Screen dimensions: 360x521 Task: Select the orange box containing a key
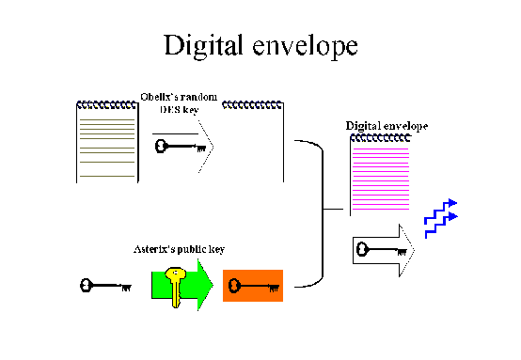pyautogui.click(x=253, y=285)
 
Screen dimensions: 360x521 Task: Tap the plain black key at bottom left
pyautogui.click(x=104, y=285)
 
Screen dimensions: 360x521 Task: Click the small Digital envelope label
pyautogui.click(x=387, y=125)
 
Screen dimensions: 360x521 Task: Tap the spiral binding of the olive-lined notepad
pyautogui.click(x=104, y=103)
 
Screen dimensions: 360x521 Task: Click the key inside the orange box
pyautogui.click(x=255, y=285)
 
